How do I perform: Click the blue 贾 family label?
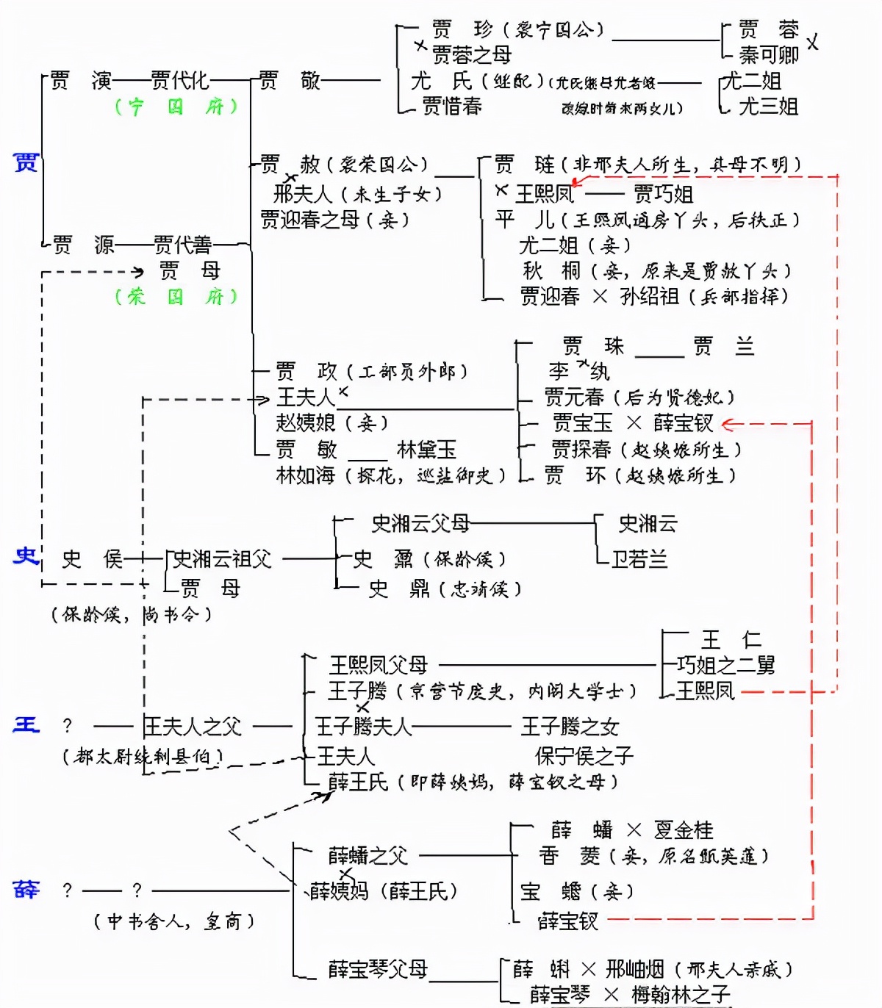(26, 162)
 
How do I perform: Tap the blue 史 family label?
(26, 556)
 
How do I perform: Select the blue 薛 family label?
(26, 890)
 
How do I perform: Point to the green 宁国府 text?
(176, 107)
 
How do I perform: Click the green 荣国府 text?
(176, 297)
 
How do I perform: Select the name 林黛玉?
(426, 449)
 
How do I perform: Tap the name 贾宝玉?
(582, 423)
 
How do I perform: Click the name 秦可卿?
(768, 55)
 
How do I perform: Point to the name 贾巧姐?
(663, 194)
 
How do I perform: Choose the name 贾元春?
(573, 397)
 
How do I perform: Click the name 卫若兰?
(639, 559)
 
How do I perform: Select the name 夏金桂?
(683, 830)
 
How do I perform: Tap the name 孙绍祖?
(649, 296)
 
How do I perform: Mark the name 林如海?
(305, 475)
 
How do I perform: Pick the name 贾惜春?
(452, 107)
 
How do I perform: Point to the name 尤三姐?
(768, 107)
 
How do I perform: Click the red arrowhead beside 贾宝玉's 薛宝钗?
(727, 424)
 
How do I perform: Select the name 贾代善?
(182, 245)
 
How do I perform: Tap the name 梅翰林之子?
(680, 995)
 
